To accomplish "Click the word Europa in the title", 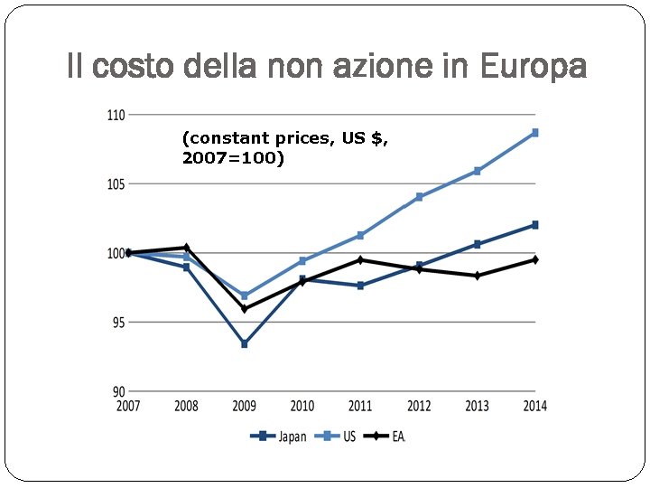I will click(x=534, y=66).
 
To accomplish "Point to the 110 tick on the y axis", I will click(x=116, y=115).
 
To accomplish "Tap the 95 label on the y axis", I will click(x=117, y=323).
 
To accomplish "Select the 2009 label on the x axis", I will click(x=244, y=407).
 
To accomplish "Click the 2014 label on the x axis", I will click(x=534, y=407).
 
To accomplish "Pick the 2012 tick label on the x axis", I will click(x=419, y=407).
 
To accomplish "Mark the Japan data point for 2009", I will click(x=244, y=344).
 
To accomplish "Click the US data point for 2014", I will click(x=535, y=133).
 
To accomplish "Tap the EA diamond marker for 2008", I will click(x=186, y=248).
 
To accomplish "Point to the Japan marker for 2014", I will click(x=535, y=225).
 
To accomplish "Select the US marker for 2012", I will click(x=419, y=197).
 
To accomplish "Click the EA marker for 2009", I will click(x=244, y=309).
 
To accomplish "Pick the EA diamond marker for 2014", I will click(x=535, y=260).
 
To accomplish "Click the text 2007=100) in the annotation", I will click(x=233, y=158).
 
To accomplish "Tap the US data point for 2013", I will click(x=477, y=171).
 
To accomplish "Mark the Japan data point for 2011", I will click(x=360, y=286).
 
